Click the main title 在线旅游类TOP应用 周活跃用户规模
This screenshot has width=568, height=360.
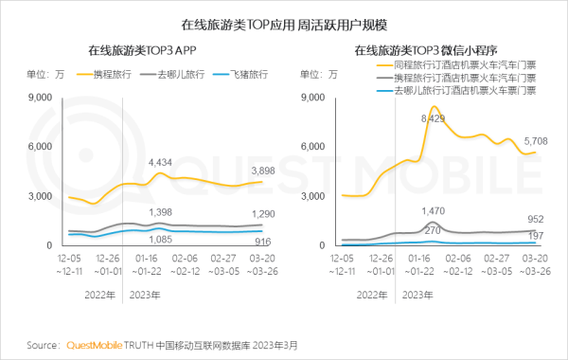tap(284, 22)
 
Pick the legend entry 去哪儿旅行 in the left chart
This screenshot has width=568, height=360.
tap(180, 74)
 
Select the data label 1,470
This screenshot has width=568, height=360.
tap(433, 210)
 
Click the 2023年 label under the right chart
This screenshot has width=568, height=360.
tap(417, 296)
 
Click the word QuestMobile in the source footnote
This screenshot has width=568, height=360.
tap(95, 345)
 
